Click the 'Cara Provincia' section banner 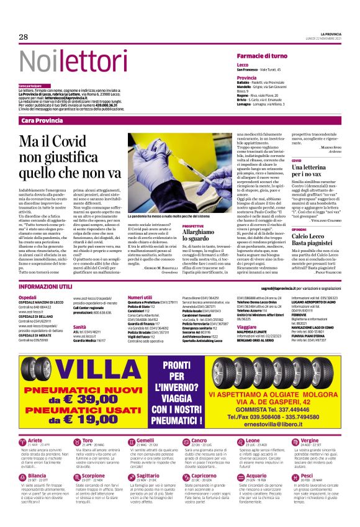(42, 120)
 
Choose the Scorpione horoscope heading (93, 475)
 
